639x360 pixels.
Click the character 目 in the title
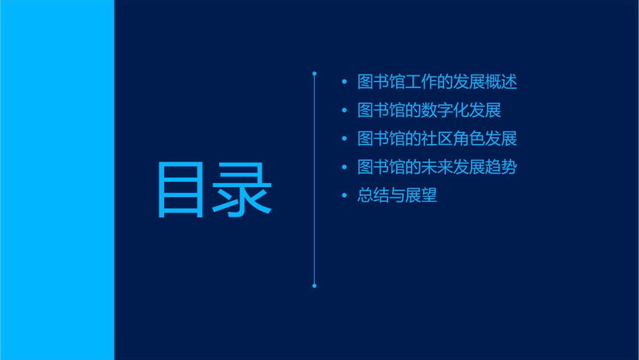click(180, 190)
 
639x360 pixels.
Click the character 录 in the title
click(243, 190)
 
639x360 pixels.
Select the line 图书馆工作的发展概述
click(437, 83)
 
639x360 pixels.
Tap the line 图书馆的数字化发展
click(429, 110)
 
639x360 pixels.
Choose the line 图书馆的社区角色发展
click(437, 139)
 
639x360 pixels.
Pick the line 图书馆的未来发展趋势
click(437, 168)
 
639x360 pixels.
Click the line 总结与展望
click(398, 196)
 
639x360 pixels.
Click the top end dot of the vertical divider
click(314, 73)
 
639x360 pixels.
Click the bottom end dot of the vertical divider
click(314, 286)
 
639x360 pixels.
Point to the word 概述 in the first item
click(501, 83)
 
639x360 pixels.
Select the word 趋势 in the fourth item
click(501, 168)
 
